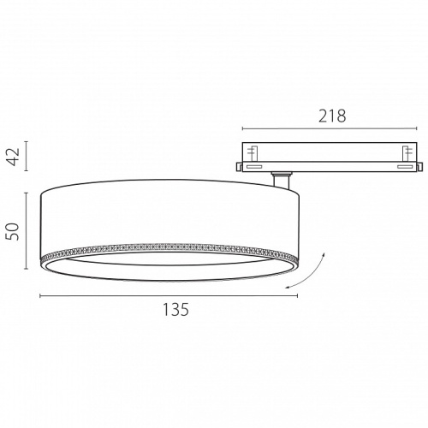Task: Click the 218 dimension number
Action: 332,116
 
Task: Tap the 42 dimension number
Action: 14,157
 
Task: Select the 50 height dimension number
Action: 14,231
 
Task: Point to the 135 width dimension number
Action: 175,309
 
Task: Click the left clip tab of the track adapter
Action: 239,167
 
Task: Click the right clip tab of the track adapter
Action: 419,167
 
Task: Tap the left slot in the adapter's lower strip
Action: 254,167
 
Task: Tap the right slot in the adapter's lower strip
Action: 405,167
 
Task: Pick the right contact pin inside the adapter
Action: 407,153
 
